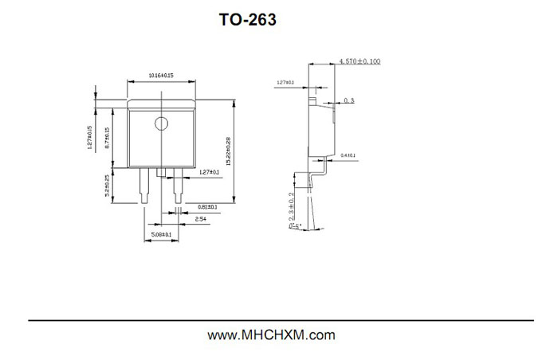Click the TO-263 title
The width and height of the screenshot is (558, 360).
click(248, 20)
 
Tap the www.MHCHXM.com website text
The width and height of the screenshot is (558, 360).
click(271, 335)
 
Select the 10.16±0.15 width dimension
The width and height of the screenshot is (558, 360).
click(161, 75)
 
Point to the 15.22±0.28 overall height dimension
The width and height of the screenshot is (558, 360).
click(228, 151)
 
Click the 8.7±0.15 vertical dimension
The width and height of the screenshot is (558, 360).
click(107, 139)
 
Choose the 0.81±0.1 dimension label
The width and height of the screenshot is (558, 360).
click(206, 206)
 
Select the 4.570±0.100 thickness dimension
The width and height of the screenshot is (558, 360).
click(360, 61)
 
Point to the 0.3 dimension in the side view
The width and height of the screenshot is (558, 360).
click(348, 101)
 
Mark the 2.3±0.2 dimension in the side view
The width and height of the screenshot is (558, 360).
click(292, 209)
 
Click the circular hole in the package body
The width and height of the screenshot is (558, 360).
click(161, 123)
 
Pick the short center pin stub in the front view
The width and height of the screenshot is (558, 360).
click(161, 172)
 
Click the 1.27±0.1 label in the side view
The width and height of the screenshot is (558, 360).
click(285, 82)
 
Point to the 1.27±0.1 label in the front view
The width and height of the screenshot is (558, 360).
click(208, 172)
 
